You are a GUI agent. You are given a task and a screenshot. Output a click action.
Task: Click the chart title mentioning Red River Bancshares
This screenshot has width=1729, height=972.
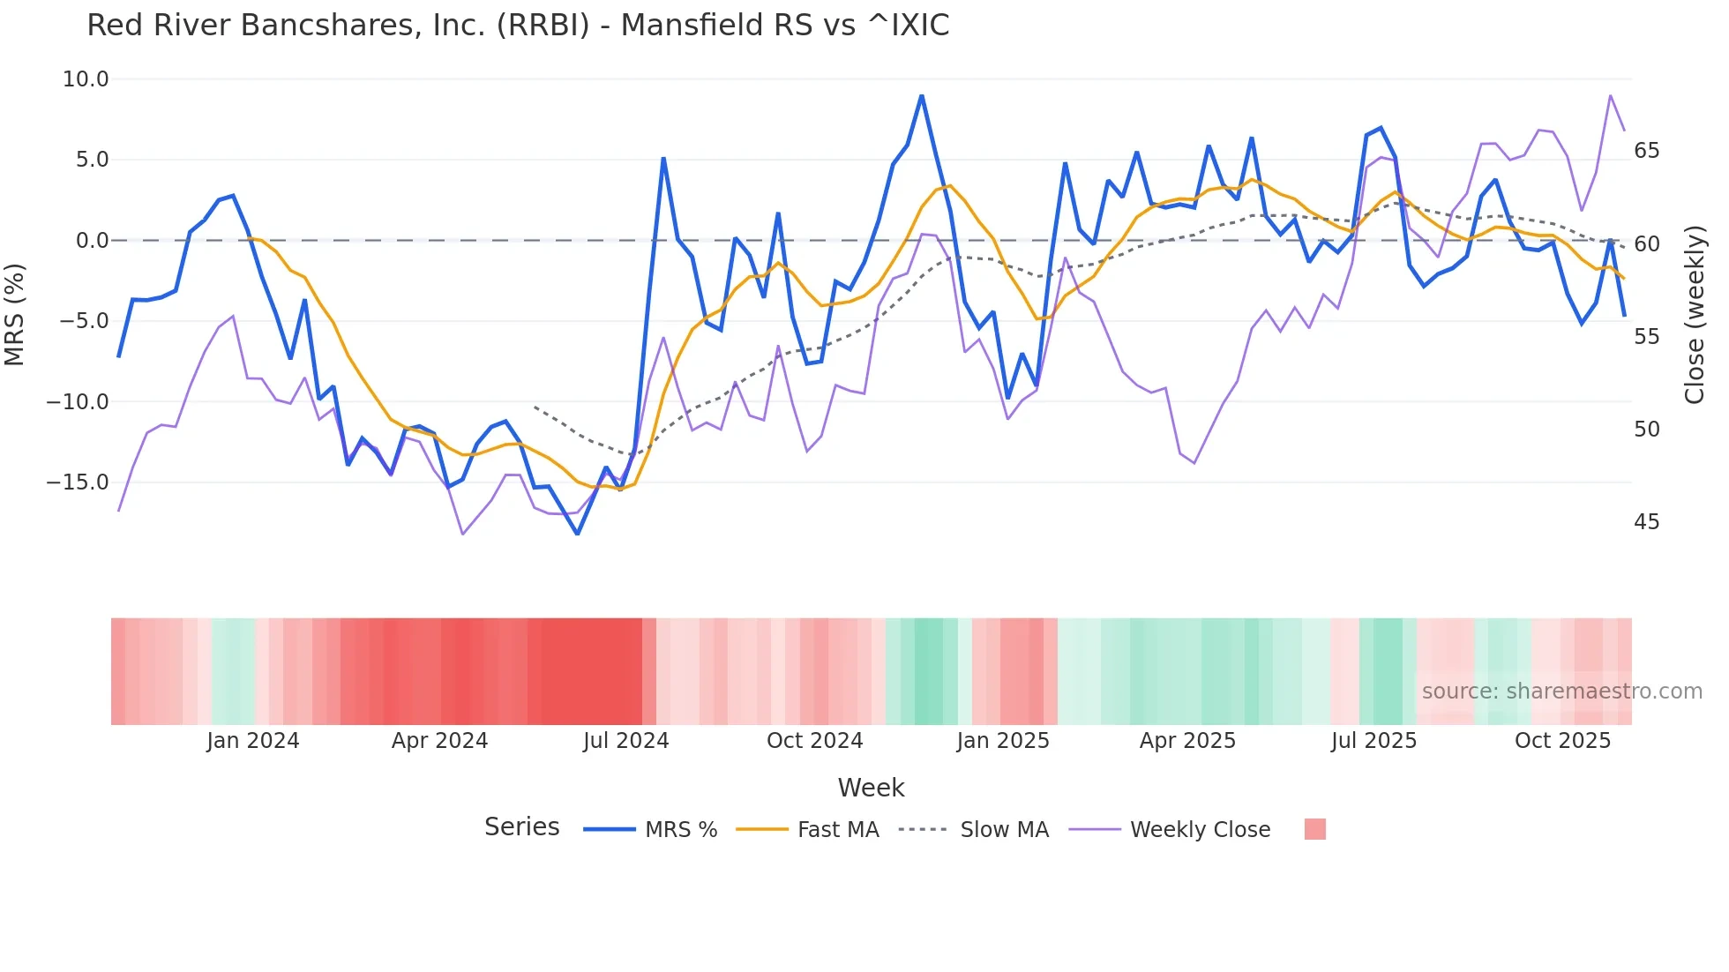pos(518,26)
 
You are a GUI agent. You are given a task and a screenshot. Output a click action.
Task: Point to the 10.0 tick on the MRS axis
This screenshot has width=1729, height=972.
pos(86,79)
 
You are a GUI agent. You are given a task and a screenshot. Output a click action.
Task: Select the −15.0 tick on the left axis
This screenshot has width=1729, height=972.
pos(79,482)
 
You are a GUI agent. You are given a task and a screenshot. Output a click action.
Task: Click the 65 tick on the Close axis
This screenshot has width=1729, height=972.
pos(1646,151)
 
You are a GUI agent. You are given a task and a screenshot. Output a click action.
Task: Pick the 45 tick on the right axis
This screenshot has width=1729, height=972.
pos(1646,522)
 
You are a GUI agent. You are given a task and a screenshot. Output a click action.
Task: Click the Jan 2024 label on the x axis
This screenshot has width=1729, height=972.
pos(253,741)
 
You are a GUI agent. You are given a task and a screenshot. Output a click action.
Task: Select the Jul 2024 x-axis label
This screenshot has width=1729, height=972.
pos(625,741)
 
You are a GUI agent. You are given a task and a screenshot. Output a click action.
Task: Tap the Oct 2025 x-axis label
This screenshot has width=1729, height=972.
pos(1562,741)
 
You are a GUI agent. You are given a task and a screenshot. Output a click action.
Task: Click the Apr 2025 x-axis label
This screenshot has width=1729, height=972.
pos(1187,741)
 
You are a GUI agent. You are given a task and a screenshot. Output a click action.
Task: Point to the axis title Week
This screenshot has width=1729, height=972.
pos(871,788)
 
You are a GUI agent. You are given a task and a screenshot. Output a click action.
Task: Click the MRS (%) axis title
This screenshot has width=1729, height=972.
pos(15,314)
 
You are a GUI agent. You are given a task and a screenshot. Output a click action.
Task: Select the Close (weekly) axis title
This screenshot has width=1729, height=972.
pos(1695,314)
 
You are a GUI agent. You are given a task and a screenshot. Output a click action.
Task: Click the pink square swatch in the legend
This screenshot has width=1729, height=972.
pos(1314,829)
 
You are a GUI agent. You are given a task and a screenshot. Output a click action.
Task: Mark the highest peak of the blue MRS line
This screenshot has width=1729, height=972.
pos(922,96)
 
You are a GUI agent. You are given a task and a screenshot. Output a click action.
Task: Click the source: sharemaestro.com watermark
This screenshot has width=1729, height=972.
pos(1561,692)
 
